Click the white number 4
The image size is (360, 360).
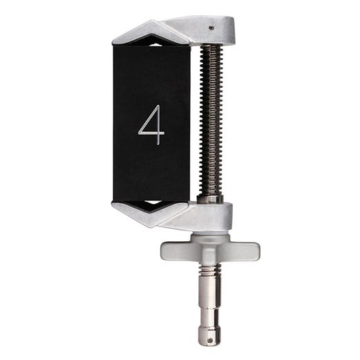[x=151, y=125]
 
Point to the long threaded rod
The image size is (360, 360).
[x=209, y=117]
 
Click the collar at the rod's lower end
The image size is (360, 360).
[x=210, y=198]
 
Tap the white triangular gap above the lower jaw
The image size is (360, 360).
[x=152, y=203]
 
